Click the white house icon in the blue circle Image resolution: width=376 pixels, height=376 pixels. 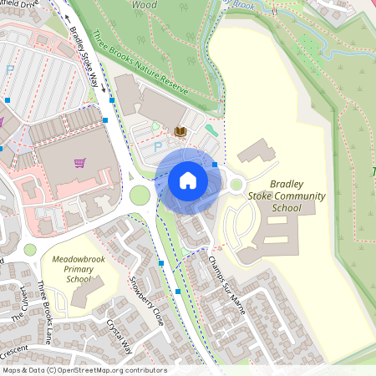tap(188, 180)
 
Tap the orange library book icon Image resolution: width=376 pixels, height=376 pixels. tap(180, 131)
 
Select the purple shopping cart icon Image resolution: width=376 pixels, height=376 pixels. tap(79, 163)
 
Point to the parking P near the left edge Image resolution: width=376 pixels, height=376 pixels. tap(10, 71)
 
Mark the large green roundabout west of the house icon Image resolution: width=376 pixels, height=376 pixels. tap(140, 196)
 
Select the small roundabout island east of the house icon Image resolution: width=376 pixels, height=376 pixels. tap(236, 185)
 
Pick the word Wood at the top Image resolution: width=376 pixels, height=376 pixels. tap(144, 4)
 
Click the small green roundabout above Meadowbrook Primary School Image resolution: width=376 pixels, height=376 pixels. tap(30, 249)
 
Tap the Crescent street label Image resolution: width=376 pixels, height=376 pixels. tap(14, 348)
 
